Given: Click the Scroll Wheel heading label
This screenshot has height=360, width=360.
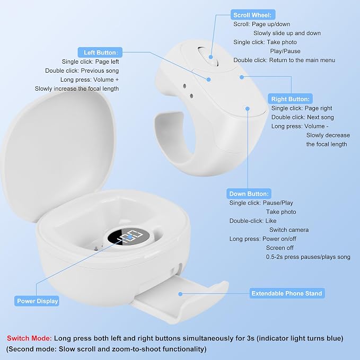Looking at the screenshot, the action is [252, 15].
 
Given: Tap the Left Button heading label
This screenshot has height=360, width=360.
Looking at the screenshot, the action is [100, 52].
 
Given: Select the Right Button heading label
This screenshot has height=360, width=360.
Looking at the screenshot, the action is [290, 99].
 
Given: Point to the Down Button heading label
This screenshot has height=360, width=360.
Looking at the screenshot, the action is [249, 194].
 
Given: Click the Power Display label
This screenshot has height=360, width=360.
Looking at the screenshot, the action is [38, 301].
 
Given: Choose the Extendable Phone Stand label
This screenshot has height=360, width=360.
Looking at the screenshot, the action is [287, 293].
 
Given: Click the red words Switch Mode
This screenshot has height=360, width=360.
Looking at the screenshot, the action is [29, 338].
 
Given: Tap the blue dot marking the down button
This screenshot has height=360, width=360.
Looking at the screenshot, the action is [247, 109].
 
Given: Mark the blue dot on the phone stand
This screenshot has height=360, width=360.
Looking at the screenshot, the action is [180, 294].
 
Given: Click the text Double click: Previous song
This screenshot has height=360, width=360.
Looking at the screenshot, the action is [82, 71].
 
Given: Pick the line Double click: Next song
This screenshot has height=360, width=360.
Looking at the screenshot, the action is [302, 117].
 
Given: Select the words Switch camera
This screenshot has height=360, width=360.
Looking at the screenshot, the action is [289, 230].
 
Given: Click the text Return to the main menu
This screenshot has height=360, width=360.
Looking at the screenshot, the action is [302, 60].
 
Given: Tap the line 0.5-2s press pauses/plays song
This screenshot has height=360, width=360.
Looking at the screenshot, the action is [308, 257].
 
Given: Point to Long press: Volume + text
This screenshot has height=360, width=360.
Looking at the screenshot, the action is [90, 80].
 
